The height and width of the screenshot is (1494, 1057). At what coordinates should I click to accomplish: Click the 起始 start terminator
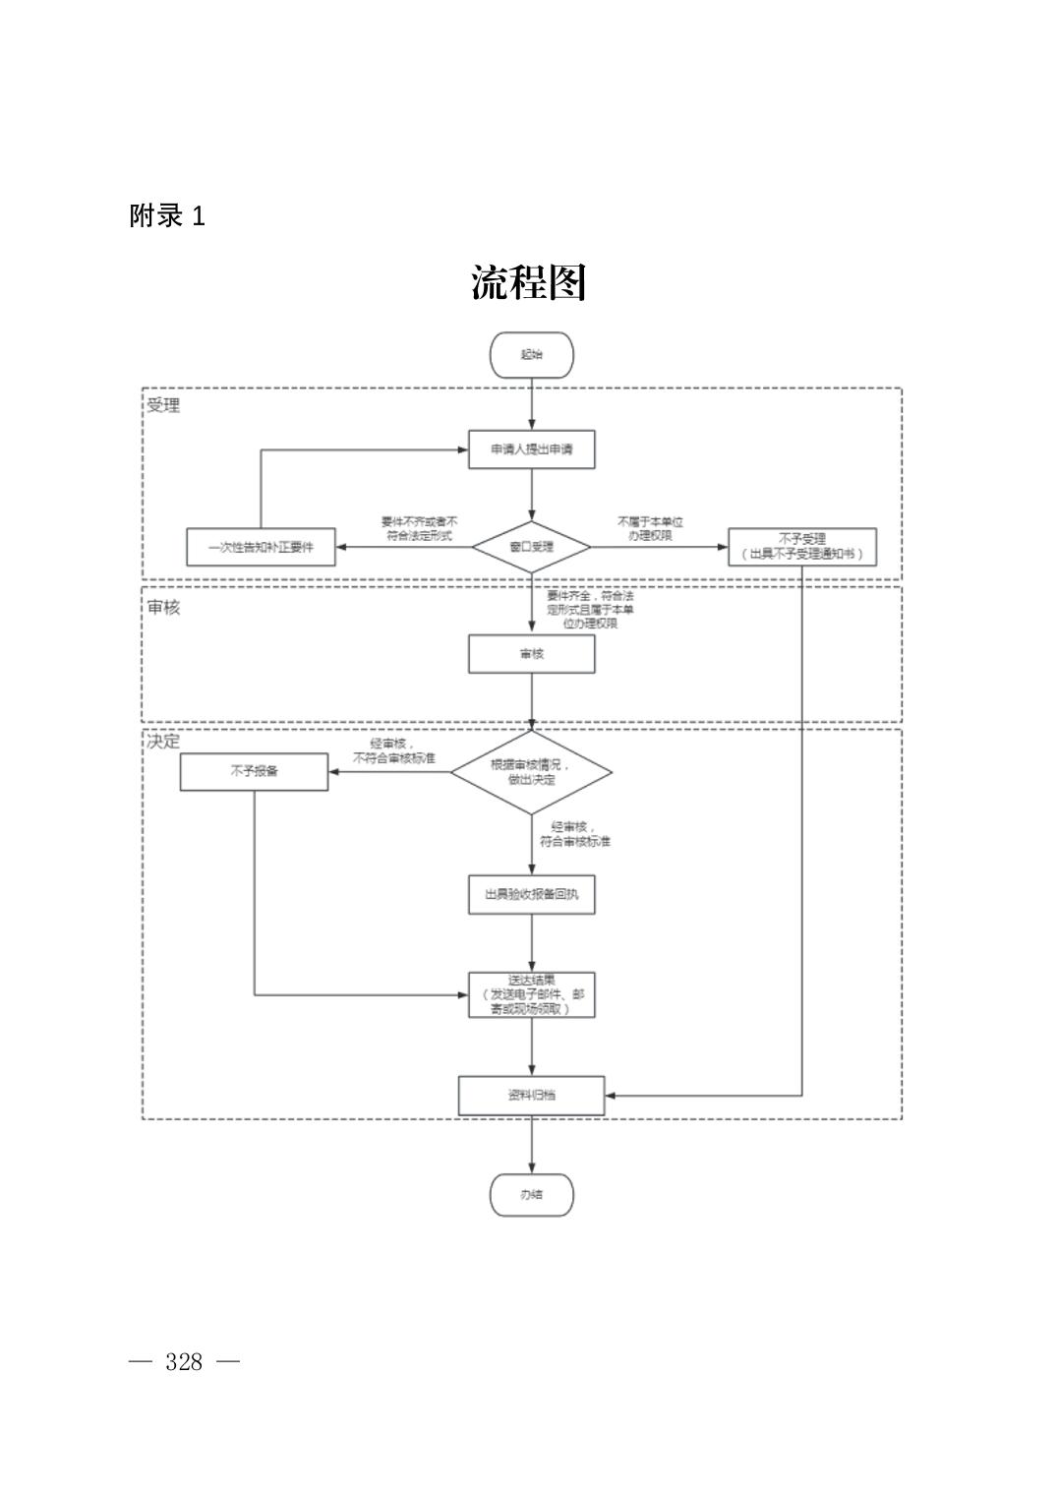coord(531,355)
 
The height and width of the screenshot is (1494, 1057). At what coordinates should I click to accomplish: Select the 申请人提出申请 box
coord(531,449)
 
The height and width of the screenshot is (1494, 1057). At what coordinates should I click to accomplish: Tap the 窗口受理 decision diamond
coord(531,547)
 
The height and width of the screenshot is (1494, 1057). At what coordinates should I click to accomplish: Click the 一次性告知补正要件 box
coord(261,547)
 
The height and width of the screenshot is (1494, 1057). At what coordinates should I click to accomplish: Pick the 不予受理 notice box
coord(801,547)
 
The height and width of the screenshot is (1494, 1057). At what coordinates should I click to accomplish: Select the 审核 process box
coord(531,654)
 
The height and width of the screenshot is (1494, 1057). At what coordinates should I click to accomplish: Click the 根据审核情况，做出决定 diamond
coord(531,772)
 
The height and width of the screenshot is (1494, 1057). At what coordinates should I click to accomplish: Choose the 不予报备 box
coord(254,772)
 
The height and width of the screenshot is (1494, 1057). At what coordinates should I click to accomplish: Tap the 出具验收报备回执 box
coord(531,895)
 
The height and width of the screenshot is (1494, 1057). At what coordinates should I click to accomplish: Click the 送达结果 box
coord(531,994)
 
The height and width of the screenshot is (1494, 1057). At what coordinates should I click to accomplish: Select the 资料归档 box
coord(531,1095)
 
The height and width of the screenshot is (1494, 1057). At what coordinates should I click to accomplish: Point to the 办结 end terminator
coord(531,1195)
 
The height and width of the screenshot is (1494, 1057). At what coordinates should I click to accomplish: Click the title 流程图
coord(528,283)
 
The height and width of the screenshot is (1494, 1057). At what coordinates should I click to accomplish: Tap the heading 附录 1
coord(167,216)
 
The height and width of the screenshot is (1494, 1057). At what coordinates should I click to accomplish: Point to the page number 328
coord(184,1362)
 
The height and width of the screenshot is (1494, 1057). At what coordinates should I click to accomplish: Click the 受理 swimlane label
coord(163,405)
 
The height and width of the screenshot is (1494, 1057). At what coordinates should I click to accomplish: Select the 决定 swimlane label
coord(163,741)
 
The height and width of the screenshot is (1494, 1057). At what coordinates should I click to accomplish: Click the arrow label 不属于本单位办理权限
coord(650,529)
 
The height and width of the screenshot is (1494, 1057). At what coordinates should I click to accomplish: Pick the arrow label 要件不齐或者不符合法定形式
coord(420,529)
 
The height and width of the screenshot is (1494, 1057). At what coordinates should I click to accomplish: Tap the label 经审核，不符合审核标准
coord(393,751)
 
